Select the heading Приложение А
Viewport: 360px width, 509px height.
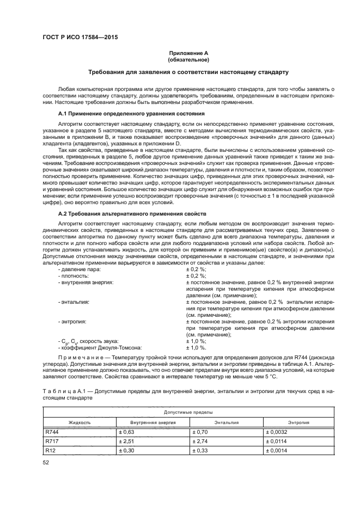pos(188,53)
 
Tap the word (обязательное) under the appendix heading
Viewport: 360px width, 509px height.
pos(188,60)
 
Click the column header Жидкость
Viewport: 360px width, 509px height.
pos(79,422)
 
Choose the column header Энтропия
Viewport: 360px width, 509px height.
pos(298,422)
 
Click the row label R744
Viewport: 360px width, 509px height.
pos(52,432)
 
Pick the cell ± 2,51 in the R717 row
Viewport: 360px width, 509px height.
pos(126,441)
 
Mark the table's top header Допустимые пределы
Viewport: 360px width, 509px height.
pos(188,413)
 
